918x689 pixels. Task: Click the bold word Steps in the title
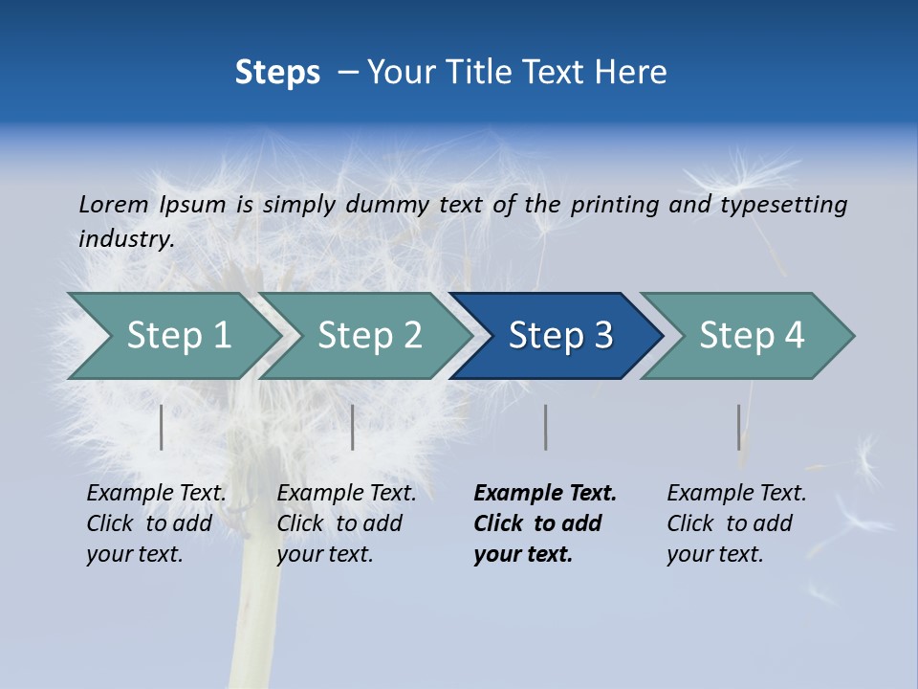277,73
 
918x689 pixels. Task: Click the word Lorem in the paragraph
113,204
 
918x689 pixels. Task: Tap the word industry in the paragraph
125,238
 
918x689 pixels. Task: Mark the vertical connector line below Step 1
162,427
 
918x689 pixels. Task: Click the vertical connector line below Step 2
353,427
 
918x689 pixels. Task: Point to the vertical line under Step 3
545,427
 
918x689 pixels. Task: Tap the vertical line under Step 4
738,427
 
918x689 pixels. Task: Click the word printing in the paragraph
615,204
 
